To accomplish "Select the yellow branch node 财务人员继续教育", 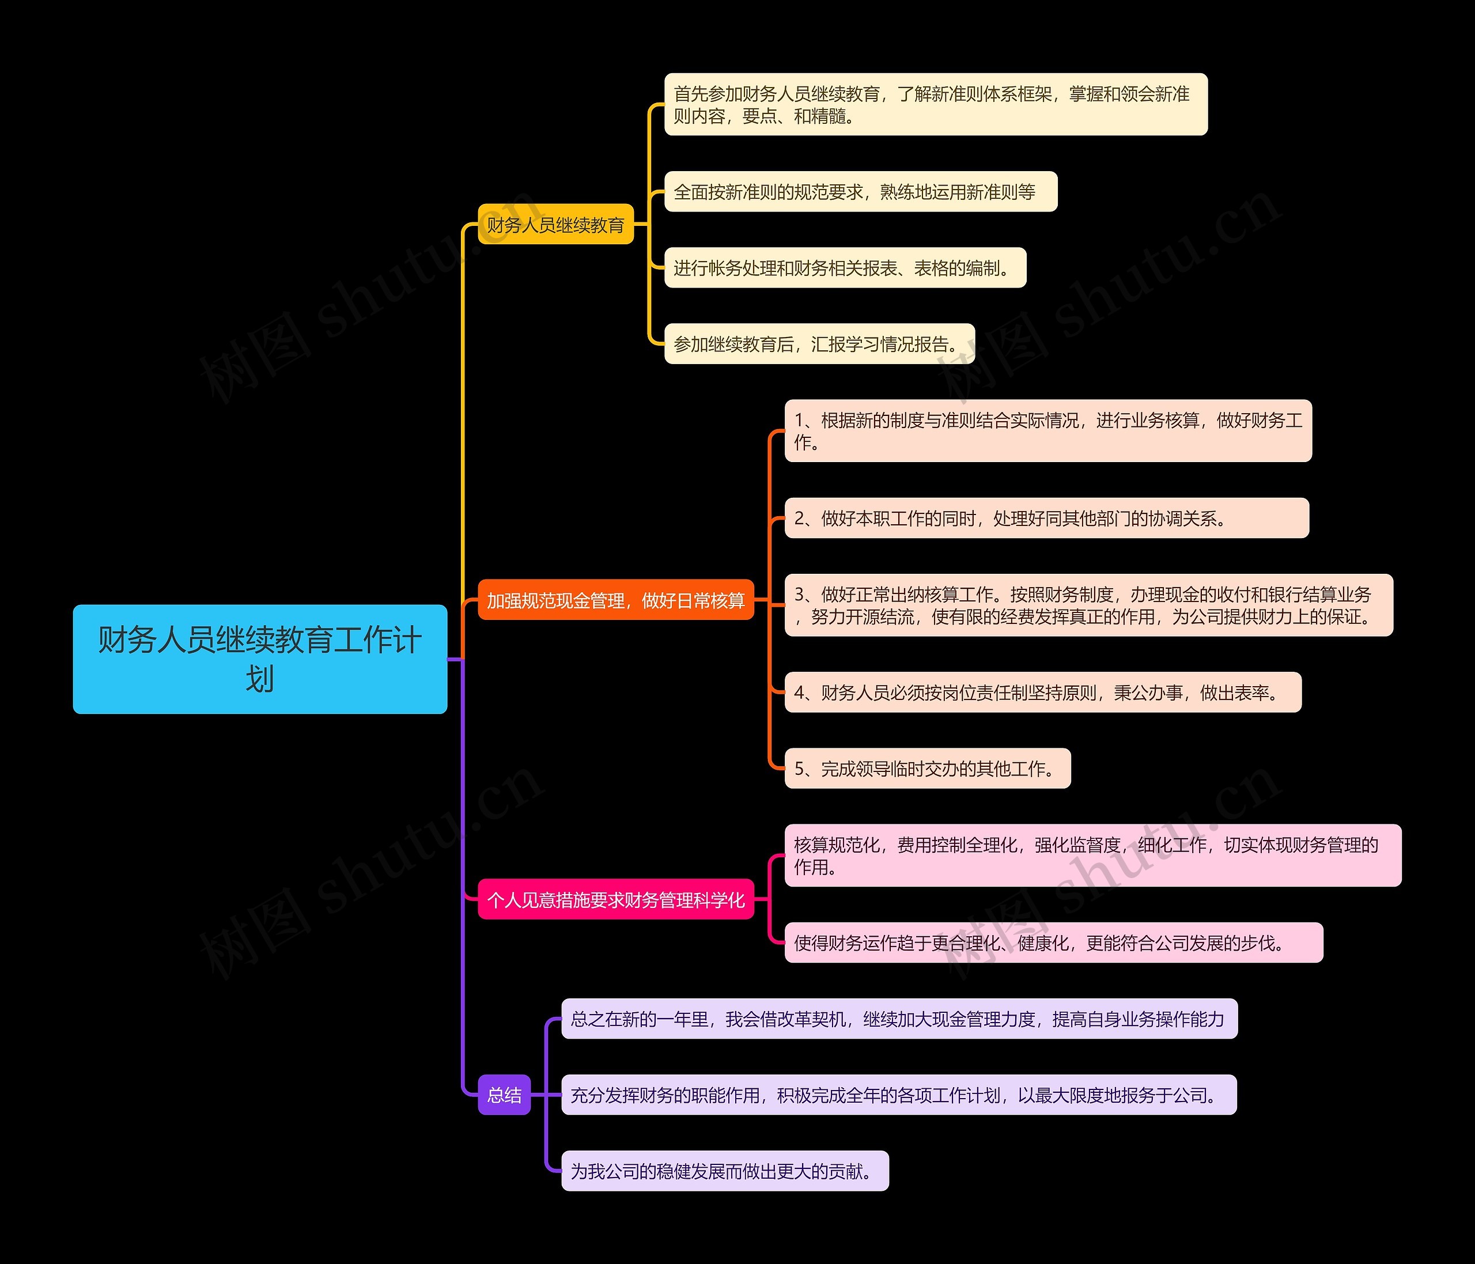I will click(555, 225).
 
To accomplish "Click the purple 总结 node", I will click(504, 1095).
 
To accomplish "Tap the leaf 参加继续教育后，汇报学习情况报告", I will click(819, 345).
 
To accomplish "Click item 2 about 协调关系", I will click(1046, 518).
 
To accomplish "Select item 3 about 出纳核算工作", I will click(1088, 605).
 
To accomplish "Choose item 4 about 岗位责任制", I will click(1042, 692).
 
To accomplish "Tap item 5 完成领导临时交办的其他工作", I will click(927, 769).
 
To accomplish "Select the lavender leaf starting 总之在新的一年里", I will click(898, 1019).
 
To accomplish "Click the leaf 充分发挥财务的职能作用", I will click(898, 1095).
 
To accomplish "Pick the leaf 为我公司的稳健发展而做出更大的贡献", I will click(725, 1171).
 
